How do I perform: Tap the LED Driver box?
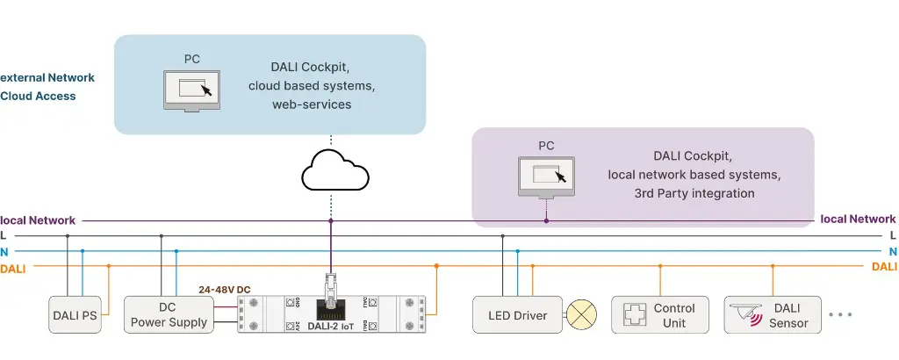click(517, 315)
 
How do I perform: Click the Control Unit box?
click(659, 315)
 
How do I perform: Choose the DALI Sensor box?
click(773, 315)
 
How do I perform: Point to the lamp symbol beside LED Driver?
click(580, 315)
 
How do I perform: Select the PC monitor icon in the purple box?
click(546, 176)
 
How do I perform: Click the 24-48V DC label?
click(225, 290)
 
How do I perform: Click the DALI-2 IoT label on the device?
click(331, 327)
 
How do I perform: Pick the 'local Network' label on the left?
click(39, 220)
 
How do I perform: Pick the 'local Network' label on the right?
click(858, 220)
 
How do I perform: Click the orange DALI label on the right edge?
click(885, 267)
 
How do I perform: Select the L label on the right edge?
click(893, 235)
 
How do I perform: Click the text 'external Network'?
click(47, 78)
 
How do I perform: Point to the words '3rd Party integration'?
click(694, 193)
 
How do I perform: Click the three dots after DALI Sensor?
click(840, 315)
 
